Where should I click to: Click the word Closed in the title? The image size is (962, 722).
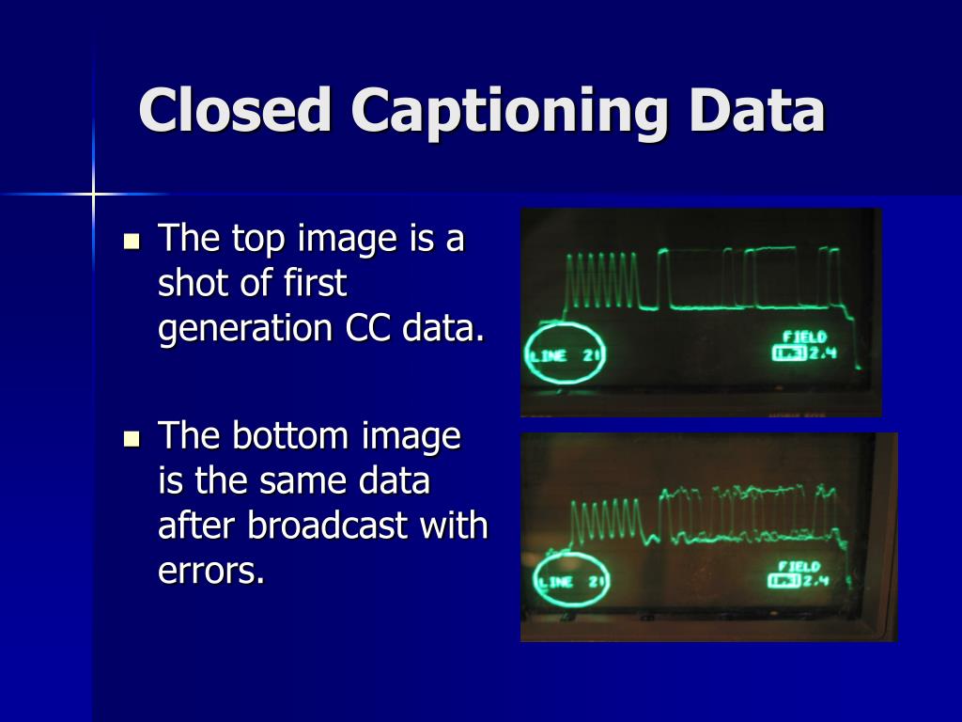point(236,111)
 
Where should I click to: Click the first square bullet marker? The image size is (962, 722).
point(132,241)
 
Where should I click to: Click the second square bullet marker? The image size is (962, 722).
point(132,437)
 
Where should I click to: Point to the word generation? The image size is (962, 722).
point(244,330)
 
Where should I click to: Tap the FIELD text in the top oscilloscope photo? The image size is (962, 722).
point(805,337)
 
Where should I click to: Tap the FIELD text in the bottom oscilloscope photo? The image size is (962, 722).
point(799,566)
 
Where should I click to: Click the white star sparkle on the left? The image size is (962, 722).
point(93,194)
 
